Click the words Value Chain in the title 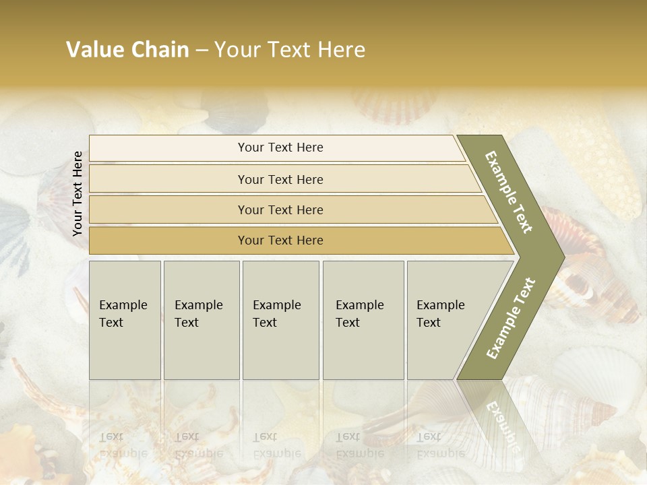(127, 50)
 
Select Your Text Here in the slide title (290, 50)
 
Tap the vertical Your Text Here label (78, 193)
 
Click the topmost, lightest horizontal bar (276, 148)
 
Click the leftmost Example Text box (125, 320)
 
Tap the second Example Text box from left (201, 320)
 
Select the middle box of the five (280, 320)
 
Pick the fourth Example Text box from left (363, 320)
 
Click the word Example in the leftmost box (123, 305)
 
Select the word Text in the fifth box (428, 323)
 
